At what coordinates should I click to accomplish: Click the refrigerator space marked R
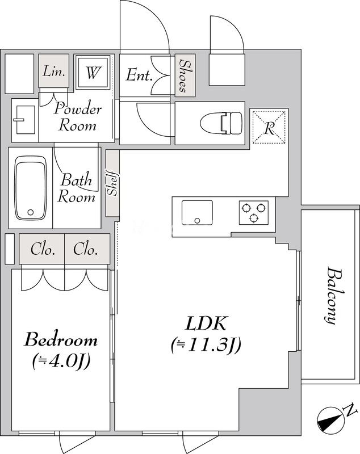coord(270,128)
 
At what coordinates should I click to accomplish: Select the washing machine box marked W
coord(93,73)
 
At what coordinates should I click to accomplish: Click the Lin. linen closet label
coord(55,72)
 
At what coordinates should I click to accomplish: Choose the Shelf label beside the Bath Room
coord(112,183)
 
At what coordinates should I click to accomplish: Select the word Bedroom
coord(61,340)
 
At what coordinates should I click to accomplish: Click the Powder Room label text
coord(78,116)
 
